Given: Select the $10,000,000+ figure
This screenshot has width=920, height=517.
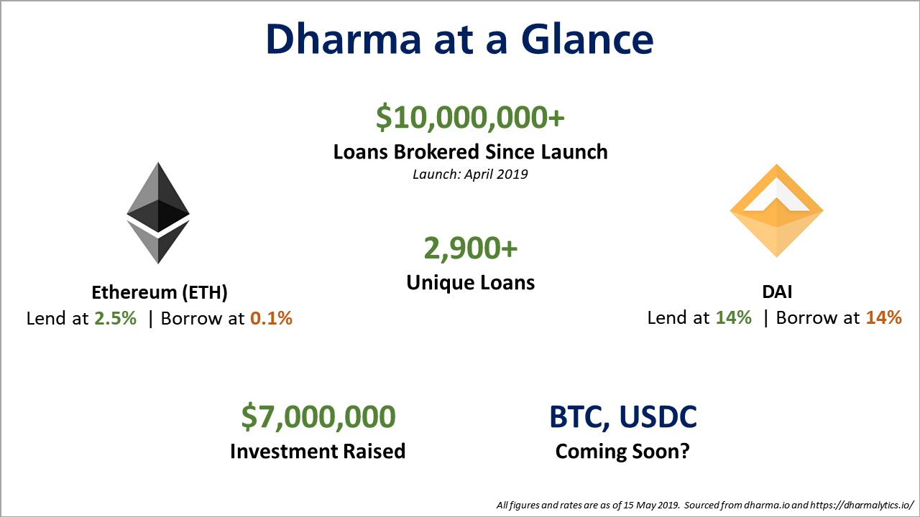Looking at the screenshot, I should [x=470, y=117].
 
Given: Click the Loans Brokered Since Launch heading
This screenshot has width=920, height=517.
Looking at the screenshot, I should [x=470, y=152].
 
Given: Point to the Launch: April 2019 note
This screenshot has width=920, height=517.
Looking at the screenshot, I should [x=470, y=174].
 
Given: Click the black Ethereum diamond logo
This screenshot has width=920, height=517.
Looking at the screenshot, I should [x=158, y=213].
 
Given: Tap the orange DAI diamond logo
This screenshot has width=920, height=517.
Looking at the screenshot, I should [x=776, y=210].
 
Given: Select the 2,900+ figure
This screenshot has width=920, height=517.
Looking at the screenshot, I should [x=470, y=248].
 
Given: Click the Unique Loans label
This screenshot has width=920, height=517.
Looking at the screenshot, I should [x=470, y=282].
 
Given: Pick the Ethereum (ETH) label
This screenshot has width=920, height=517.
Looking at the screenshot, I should [x=160, y=292].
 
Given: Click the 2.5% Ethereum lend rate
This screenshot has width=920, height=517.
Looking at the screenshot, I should [x=115, y=318].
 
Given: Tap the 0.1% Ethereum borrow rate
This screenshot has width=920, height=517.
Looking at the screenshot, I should [x=271, y=318].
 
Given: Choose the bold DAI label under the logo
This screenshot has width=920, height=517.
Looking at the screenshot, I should [x=776, y=292].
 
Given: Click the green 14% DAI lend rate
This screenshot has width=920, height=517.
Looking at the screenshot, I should [x=733, y=318].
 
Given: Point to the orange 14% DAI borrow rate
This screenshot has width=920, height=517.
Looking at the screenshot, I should [x=883, y=318].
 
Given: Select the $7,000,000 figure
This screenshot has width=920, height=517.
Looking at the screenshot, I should [x=318, y=417].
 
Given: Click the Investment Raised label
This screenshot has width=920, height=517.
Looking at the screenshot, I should [x=318, y=451].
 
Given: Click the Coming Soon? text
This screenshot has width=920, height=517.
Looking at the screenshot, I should [x=622, y=452].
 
